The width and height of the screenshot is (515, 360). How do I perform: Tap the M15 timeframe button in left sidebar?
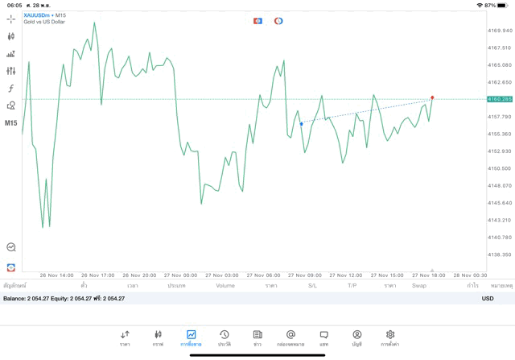tap(11, 123)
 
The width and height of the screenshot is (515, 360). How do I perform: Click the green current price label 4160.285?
tap(500, 99)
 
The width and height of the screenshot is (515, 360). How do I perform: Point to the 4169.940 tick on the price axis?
tap(500, 31)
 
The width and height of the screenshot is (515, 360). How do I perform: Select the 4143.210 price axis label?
tap(500, 220)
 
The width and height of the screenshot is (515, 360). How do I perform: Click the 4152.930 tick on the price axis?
tap(500, 151)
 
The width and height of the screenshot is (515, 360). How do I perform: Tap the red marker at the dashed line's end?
tap(432, 97)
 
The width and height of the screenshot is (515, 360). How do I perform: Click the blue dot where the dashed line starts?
tap(302, 123)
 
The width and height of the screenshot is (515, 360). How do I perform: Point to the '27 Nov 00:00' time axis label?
tap(180, 275)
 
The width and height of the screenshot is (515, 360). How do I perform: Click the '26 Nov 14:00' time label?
tap(56, 275)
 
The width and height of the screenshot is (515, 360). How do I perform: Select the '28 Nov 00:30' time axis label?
tap(470, 275)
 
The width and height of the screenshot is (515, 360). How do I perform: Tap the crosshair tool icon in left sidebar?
tap(11, 18)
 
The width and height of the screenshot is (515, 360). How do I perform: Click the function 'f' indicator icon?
tap(11, 88)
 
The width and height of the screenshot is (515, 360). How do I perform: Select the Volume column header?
tap(225, 285)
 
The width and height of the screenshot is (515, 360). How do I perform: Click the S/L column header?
tap(313, 285)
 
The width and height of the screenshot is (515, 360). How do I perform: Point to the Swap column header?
tap(419, 285)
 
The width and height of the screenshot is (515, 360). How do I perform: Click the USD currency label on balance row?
tap(488, 299)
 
